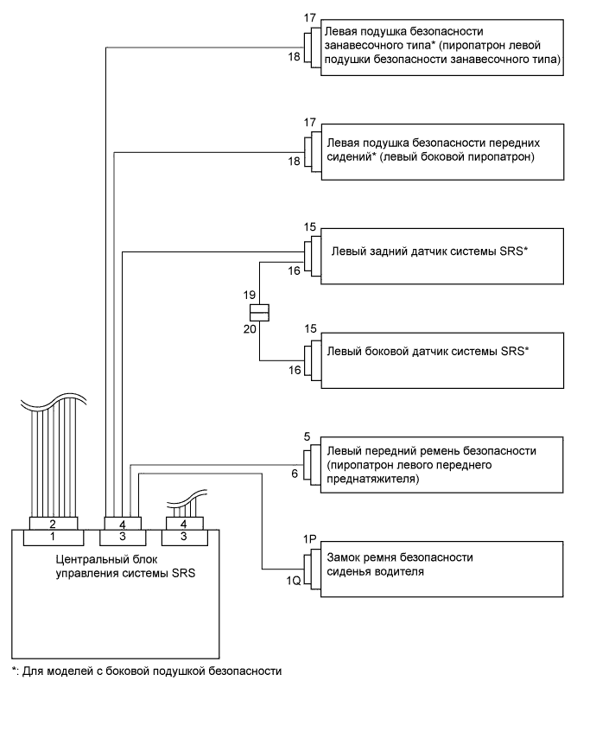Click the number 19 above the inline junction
[x=249, y=295]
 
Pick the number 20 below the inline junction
[x=249, y=329]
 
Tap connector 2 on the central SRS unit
[x=54, y=524]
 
